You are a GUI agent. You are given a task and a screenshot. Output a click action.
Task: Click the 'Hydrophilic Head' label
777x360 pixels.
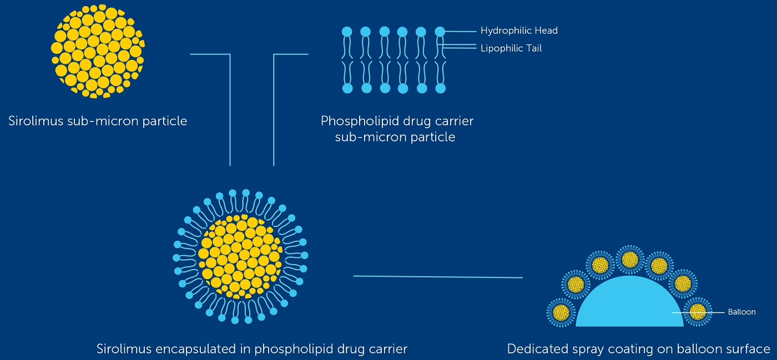point(518,31)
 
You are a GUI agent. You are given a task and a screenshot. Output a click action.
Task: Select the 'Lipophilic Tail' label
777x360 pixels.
point(511,48)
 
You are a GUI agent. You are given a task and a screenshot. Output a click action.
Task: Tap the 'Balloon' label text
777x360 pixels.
point(741,312)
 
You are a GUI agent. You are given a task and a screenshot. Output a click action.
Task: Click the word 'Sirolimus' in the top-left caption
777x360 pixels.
point(36,120)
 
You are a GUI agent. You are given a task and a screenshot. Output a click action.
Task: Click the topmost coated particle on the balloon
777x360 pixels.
point(629,259)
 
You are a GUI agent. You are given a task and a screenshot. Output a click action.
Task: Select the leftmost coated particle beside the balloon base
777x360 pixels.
point(561,312)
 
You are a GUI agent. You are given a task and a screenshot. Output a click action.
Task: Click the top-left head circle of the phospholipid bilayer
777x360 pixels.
point(347,32)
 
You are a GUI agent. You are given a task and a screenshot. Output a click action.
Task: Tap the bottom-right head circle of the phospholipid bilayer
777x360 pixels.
point(441,88)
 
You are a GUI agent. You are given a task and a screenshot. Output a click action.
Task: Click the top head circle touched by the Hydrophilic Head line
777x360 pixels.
point(440,32)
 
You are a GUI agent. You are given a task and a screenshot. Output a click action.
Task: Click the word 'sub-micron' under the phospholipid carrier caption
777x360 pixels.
point(366,137)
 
